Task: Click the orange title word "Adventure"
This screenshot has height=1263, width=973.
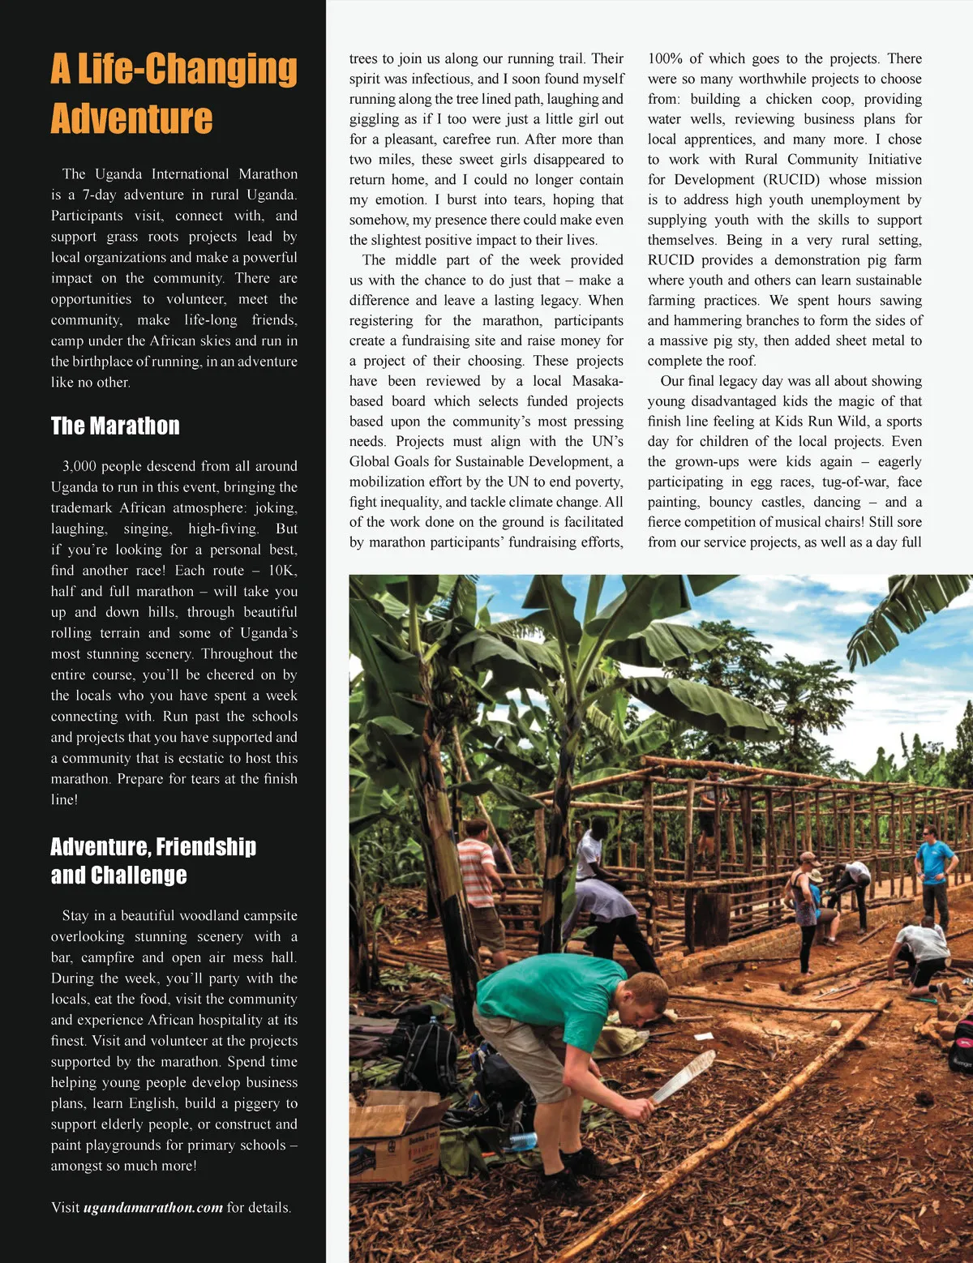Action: [x=131, y=119]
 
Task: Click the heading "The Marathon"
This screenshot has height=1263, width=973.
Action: [x=115, y=426]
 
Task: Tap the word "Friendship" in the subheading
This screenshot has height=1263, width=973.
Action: [x=205, y=847]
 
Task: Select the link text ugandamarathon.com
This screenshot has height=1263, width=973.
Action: [x=152, y=1207]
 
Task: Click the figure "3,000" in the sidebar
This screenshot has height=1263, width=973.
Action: [x=79, y=466]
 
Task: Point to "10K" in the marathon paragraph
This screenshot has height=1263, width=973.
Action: [x=282, y=570]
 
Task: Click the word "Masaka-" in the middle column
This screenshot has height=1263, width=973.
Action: [x=598, y=381]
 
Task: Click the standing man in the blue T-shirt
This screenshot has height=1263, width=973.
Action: [x=937, y=871]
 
